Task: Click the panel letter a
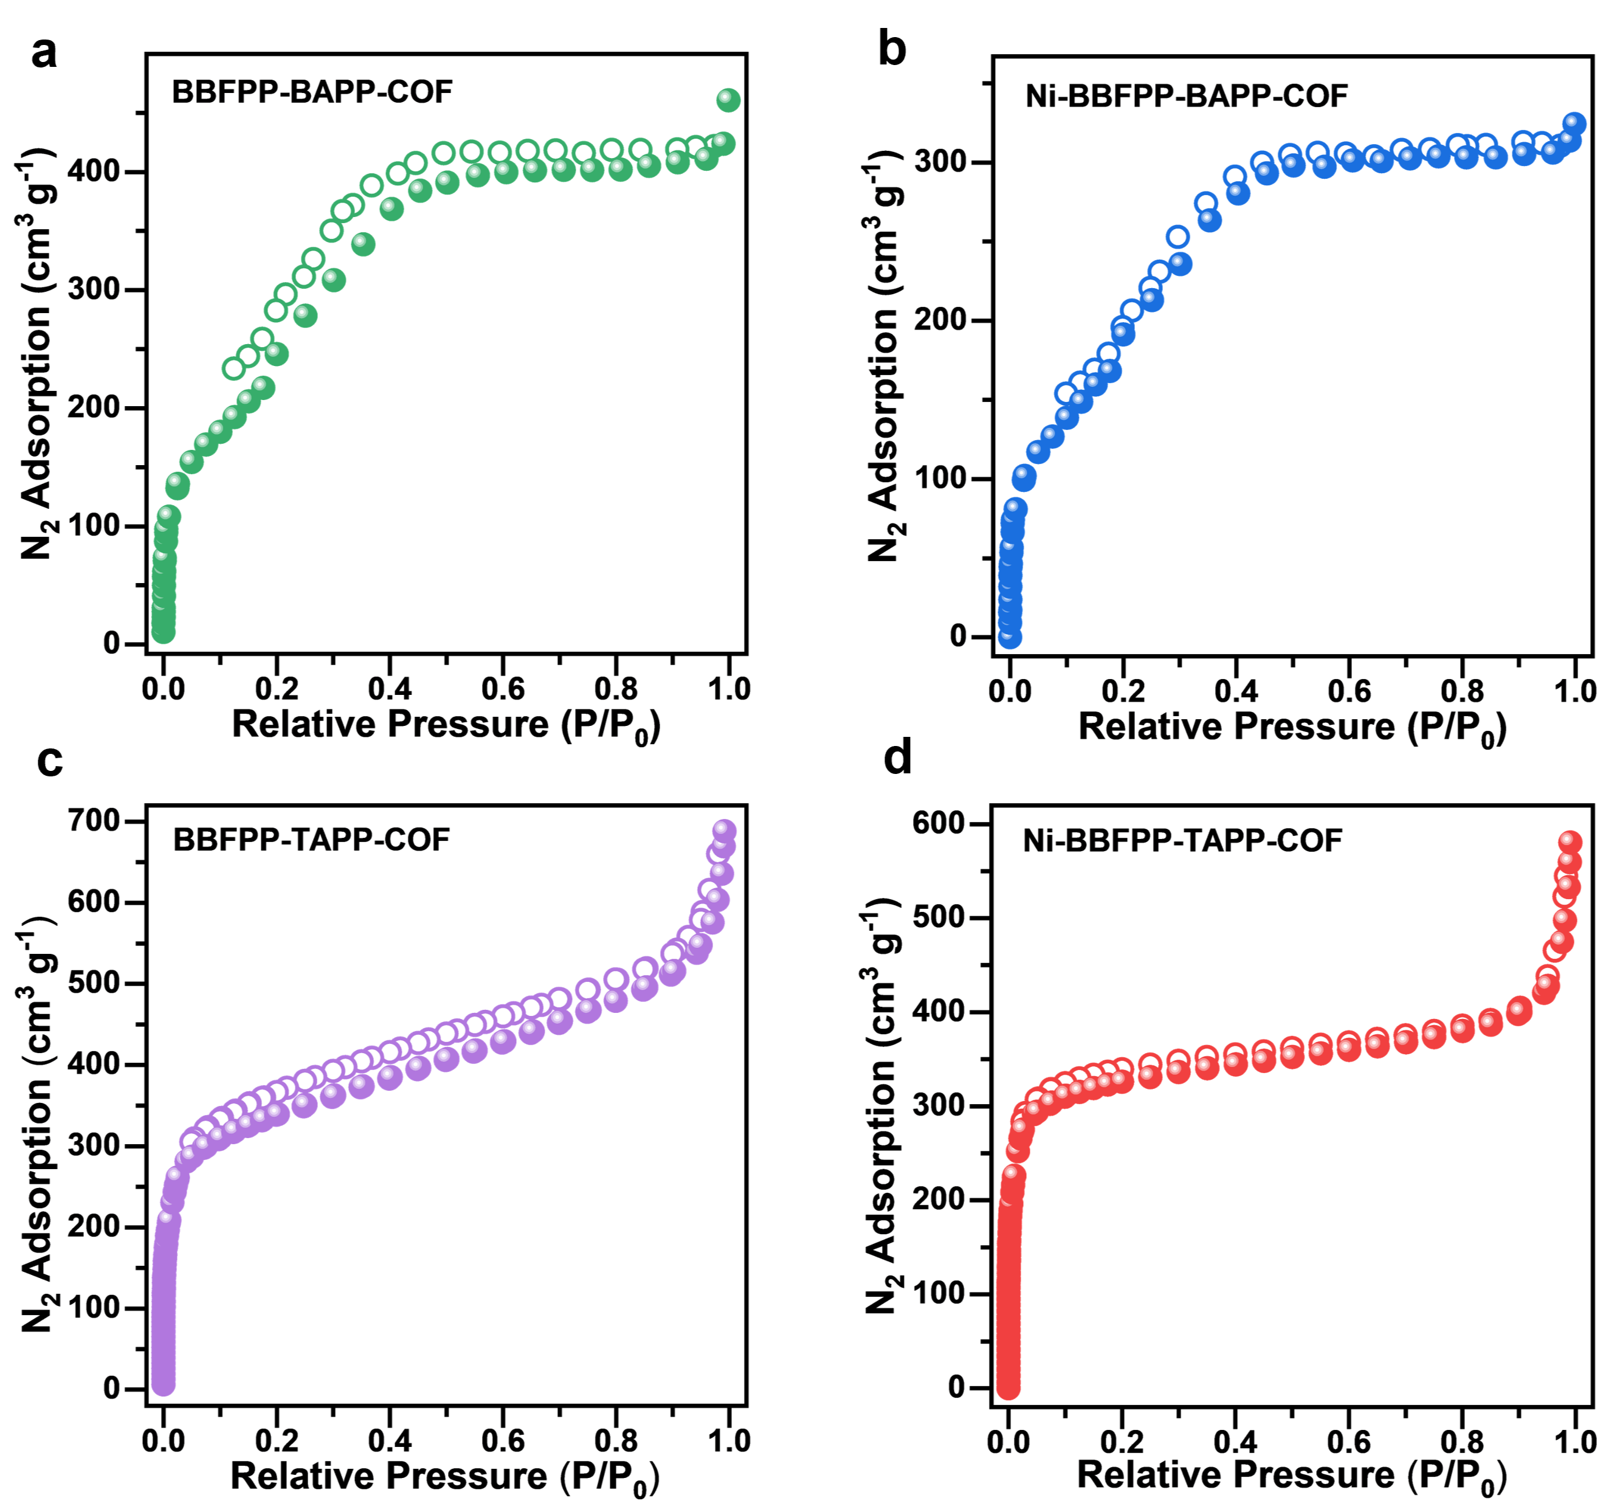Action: (x=44, y=54)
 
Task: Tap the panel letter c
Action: (x=49, y=761)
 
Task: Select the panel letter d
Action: (x=897, y=758)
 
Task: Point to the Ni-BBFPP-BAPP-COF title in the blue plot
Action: (x=1186, y=96)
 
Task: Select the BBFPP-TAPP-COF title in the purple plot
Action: (x=311, y=840)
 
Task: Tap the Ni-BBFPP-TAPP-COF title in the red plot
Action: (x=1182, y=840)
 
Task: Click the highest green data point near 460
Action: (x=728, y=100)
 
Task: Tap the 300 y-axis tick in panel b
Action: (x=940, y=162)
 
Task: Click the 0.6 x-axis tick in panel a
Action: (x=503, y=689)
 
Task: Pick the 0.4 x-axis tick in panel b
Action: (x=1236, y=691)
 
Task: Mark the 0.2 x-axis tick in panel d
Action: (x=1122, y=1442)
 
